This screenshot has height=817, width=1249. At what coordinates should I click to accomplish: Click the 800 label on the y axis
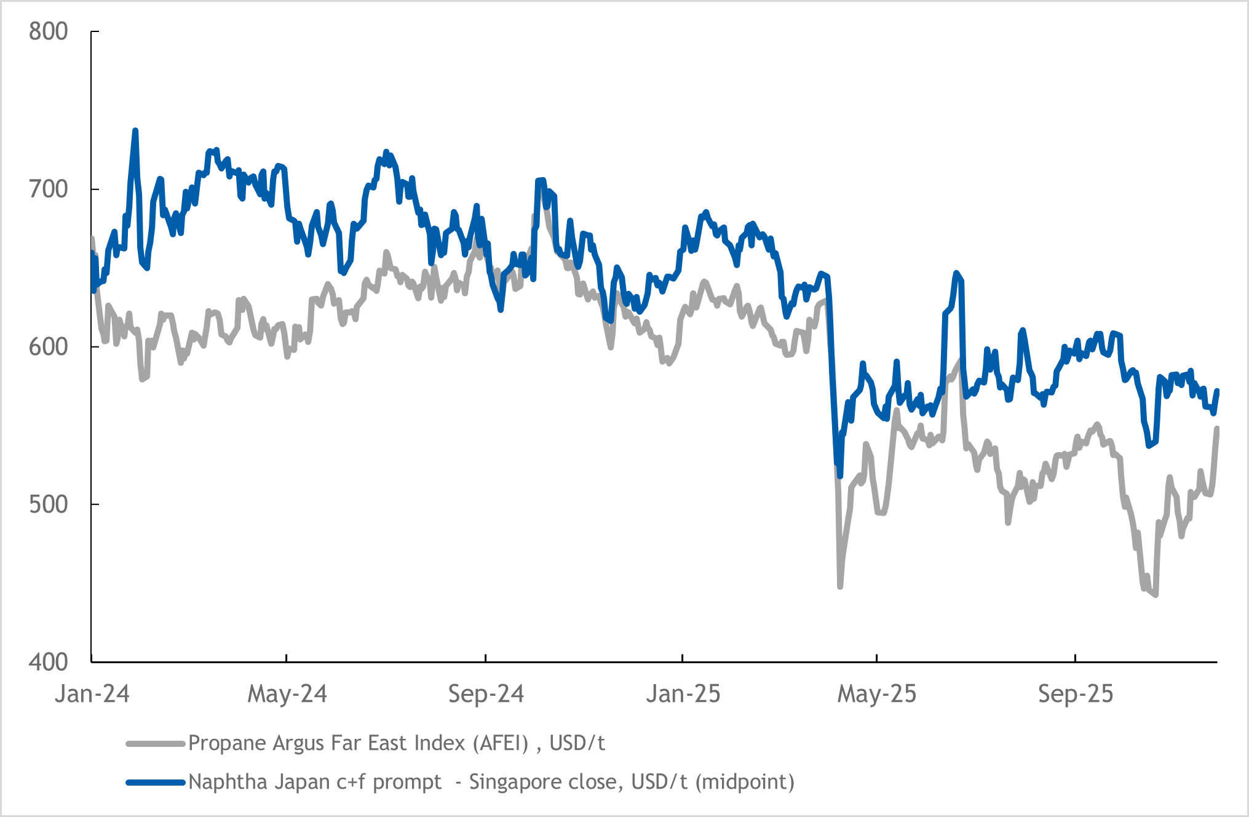pyautogui.click(x=48, y=31)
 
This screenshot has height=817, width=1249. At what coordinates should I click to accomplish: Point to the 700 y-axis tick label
pyautogui.click(x=48, y=189)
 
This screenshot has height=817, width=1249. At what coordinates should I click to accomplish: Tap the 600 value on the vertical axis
pyautogui.click(x=48, y=346)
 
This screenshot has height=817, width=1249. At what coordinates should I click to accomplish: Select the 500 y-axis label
pyautogui.click(x=48, y=504)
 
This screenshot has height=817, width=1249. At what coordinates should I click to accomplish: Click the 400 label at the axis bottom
pyautogui.click(x=48, y=662)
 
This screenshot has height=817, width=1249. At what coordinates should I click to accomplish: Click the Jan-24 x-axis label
pyautogui.click(x=92, y=694)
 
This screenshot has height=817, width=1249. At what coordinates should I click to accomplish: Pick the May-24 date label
pyautogui.click(x=287, y=694)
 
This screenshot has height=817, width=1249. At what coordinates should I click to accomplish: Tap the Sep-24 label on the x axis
pyautogui.click(x=486, y=694)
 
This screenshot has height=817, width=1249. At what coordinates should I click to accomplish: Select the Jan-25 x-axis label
pyautogui.click(x=683, y=694)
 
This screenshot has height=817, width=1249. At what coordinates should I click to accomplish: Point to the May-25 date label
pyautogui.click(x=877, y=694)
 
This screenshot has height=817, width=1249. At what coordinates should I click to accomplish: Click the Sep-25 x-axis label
pyautogui.click(x=1076, y=694)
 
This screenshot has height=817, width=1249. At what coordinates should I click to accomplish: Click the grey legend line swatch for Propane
pyautogui.click(x=156, y=744)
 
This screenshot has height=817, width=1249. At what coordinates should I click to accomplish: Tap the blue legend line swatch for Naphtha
pyautogui.click(x=156, y=783)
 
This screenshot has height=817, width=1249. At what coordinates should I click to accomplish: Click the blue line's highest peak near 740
pyautogui.click(x=135, y=130)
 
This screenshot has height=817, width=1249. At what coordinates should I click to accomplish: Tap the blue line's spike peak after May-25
pyautogui.click(x=956, y=273)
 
